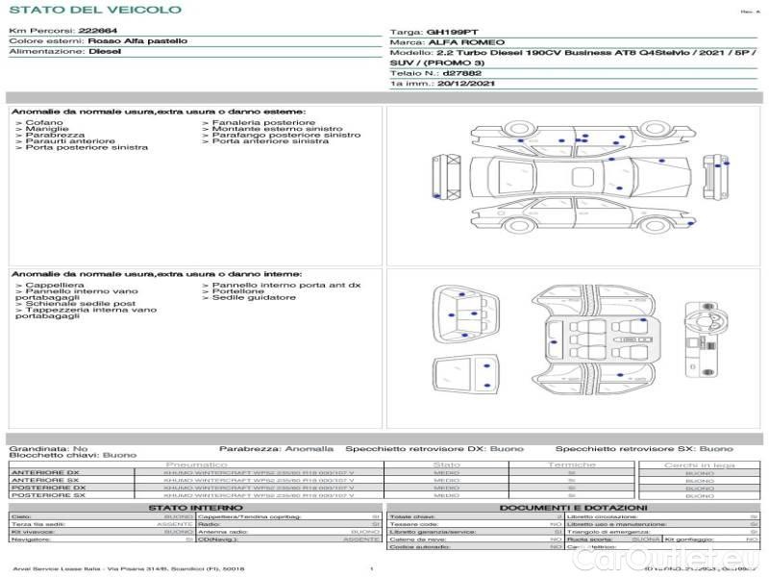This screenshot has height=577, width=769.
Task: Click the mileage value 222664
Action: point(98,31)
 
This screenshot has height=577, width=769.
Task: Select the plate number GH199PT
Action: point(449,32)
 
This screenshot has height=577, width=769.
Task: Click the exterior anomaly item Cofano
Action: point(44,123)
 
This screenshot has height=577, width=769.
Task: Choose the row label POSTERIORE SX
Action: point(47,495)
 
